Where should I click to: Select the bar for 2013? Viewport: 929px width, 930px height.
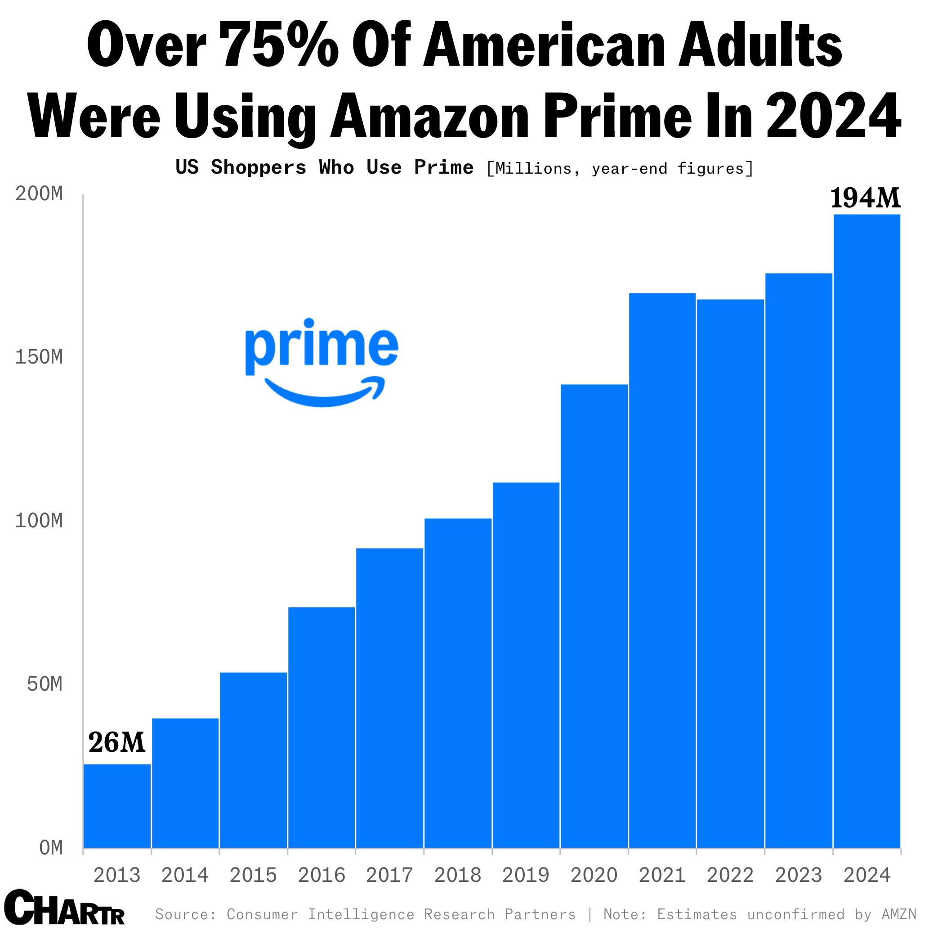(x=117, y=806)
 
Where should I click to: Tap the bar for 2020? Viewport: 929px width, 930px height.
(x=594, y=616)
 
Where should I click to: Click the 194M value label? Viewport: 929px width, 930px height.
(x=865, y=198)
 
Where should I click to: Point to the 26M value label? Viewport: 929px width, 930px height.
(x=116, y=743)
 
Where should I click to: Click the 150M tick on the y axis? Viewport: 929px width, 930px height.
(x=39, y=357)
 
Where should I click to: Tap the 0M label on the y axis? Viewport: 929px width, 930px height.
(x=51, y=848)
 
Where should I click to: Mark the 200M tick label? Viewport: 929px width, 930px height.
(x=39, y=194)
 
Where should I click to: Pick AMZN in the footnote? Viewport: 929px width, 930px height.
(x=899, y=914)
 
